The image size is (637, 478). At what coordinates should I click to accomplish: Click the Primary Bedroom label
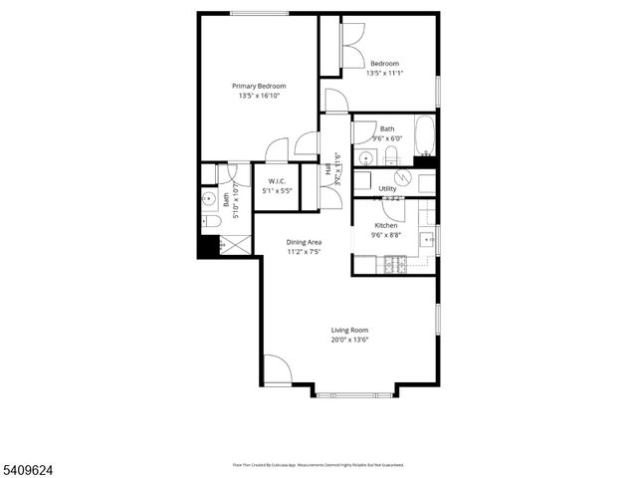click(259, 86)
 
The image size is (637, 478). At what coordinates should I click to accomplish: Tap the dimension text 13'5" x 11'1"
click(385, 73)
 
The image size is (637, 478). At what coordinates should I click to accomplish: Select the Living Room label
click(350, 330)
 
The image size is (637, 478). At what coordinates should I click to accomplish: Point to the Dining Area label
click(304, 242)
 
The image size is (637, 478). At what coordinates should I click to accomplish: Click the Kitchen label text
click(385, 225)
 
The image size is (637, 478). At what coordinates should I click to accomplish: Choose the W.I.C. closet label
click(277, 180)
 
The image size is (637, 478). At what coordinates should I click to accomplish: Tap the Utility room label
click(387, 187)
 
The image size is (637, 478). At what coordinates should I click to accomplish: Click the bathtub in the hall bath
click(424, 136)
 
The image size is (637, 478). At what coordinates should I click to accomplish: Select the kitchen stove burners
click(393, 265)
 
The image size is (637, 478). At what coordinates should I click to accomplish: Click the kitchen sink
click(427, 240)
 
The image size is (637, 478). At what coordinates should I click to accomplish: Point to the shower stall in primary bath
click(235, 244)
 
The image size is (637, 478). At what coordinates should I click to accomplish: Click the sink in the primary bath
click(209, 197)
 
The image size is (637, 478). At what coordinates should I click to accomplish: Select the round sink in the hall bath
click(365, 158)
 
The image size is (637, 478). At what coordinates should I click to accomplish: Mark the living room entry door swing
click(278, 369)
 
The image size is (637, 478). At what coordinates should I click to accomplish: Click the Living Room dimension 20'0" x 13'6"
click(350, 340)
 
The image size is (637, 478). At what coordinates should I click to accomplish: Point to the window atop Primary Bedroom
click(259, 13)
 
